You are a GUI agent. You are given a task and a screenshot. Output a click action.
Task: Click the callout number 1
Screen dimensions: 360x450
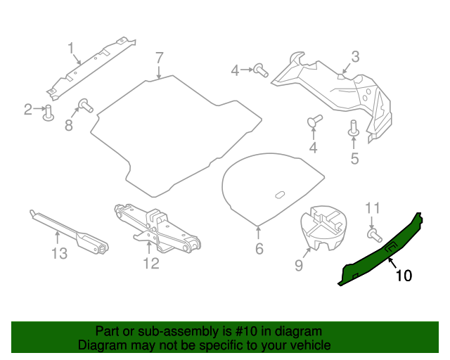tap(71, 48)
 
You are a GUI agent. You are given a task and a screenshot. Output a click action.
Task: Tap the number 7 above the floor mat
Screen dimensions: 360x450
tap(159, 57)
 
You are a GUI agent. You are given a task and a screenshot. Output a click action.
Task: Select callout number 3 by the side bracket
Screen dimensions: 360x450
tap(355, 56)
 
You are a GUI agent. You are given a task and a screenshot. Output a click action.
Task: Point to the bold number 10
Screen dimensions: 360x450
tap(404, 276)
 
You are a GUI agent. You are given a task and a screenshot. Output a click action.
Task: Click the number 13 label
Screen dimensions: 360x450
tap(60, 253)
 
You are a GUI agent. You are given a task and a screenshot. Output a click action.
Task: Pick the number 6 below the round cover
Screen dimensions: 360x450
tap(259, 248)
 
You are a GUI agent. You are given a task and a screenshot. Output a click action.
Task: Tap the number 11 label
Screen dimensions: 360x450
tap(373, 207)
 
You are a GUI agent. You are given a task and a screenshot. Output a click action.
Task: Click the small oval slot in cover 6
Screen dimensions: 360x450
tap(279, 194)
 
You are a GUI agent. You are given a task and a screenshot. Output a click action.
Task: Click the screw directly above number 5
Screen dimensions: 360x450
tap(354, 129)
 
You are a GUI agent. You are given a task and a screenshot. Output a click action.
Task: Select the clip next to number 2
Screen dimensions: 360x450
tap(49, 112)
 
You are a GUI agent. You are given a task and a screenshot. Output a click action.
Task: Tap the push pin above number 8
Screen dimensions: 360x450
tap(84, 105)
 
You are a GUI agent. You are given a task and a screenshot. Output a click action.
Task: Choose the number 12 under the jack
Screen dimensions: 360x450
tap(150, 264)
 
